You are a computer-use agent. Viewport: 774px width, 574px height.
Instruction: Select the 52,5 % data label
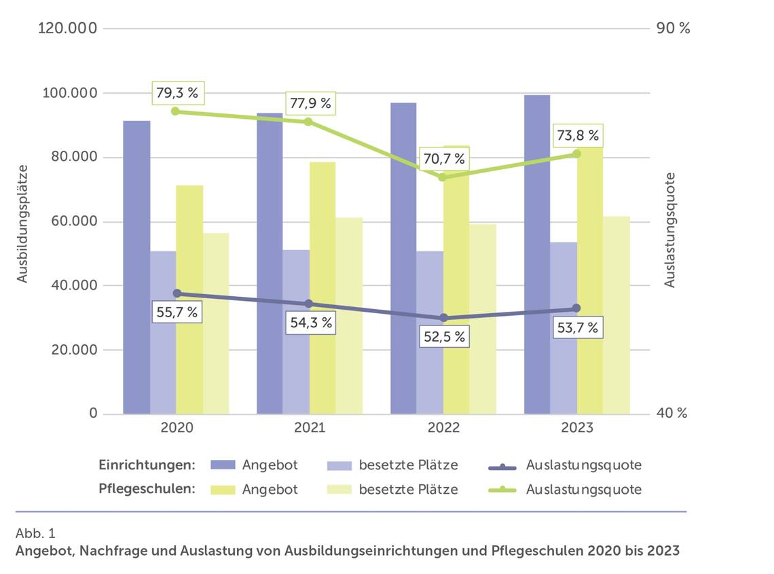(444, 336)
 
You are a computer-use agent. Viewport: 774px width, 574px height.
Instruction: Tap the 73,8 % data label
(578, 136)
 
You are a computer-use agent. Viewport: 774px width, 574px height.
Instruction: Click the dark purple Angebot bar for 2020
(136, 267)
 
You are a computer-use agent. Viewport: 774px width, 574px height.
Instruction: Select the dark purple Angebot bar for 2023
(537, 254)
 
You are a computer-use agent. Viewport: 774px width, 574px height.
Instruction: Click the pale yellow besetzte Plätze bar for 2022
(483, 318)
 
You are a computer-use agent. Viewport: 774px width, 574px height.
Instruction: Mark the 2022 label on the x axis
(443, 428)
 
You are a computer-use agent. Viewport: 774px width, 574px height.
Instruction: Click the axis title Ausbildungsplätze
(23, 223)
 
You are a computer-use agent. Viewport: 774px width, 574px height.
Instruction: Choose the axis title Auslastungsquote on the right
(670, 230)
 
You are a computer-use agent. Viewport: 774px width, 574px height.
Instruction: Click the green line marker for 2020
(175, 111)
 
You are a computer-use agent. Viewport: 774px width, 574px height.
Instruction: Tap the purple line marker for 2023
(576, 308)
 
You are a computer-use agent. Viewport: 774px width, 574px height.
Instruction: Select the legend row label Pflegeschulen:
(147, 489)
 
